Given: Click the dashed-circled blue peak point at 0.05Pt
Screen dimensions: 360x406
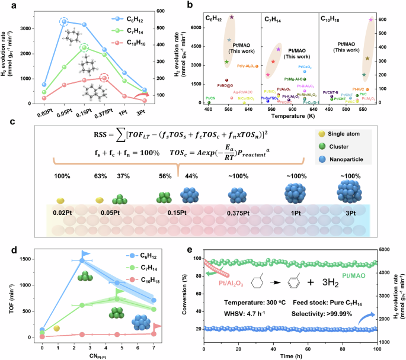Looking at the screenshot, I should point(64,22).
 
